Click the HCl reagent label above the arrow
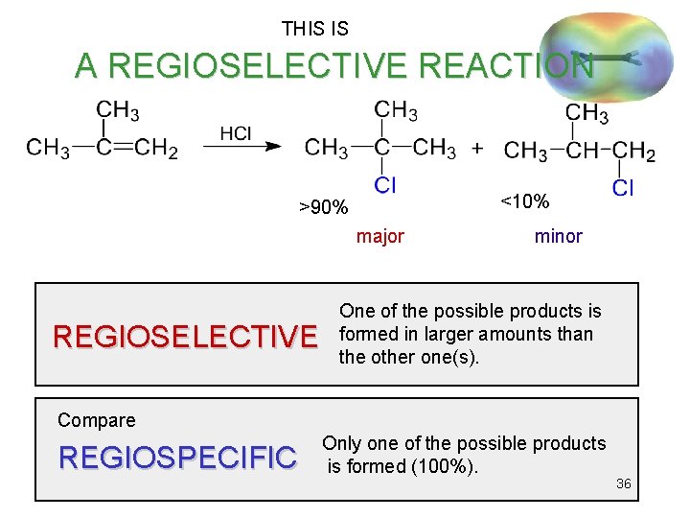click(236, 133)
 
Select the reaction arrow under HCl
click(241, 148)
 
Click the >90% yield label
click(323, 207)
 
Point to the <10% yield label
click(525, 201)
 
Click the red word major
click(380, 236)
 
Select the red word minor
click(558, 236)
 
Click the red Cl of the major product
click(384, 184)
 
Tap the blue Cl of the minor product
click(622, 188)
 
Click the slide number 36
click(623, 483)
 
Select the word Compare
click(97, 420)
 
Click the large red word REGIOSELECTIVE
click(185, 337)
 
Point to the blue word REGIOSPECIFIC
click(177, 459)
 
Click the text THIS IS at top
click(315, 30)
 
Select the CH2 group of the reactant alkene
click(156, 149)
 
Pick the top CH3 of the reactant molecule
click(118, 111)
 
